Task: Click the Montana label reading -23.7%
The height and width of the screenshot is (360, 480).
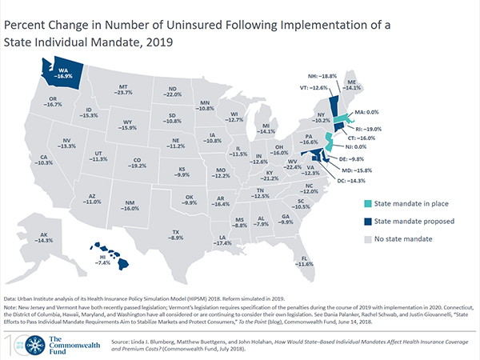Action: pos(123,89)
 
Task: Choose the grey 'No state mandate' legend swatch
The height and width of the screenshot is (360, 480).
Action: pos(368,238)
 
